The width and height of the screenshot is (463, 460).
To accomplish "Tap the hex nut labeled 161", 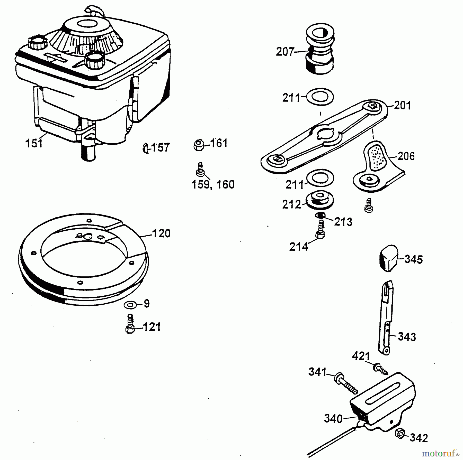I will coord(199,145).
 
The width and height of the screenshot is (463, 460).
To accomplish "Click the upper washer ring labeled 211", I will coord(320,97).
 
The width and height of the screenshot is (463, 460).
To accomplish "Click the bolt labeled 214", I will coord(320,230).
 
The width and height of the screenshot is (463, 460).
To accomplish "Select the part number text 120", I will coord(161,233).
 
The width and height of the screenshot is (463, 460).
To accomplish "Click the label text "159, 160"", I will coord(213,185).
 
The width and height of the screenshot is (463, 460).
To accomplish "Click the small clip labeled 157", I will coord(146,148).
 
